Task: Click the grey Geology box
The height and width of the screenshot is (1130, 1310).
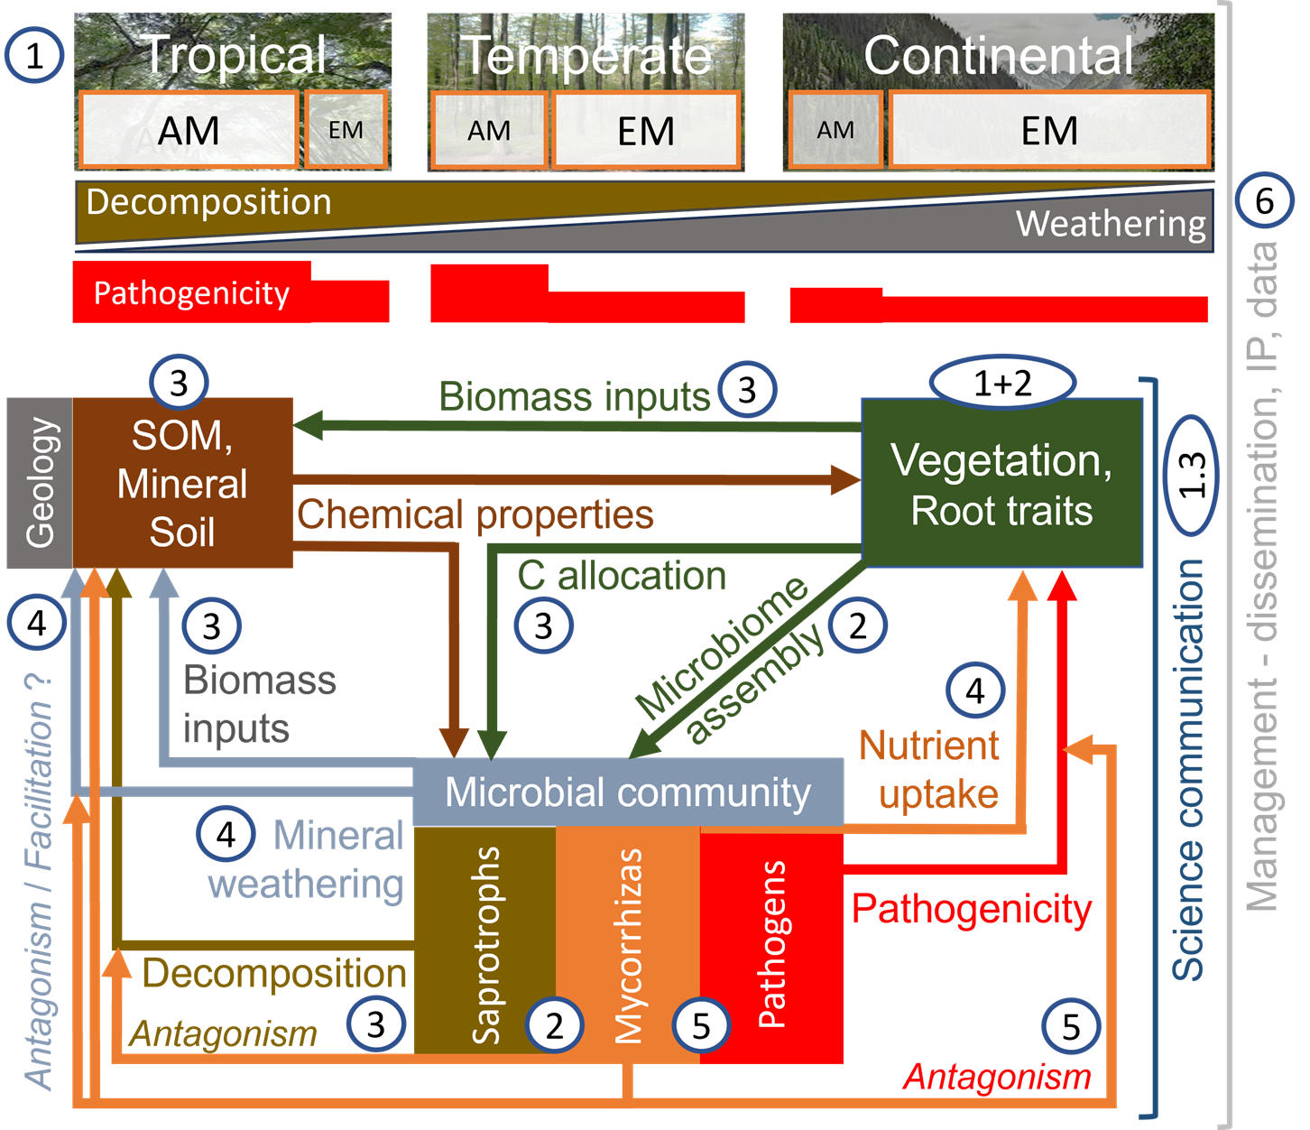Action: tap(40, 483)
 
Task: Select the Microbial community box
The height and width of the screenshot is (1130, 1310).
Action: tap(628, 792)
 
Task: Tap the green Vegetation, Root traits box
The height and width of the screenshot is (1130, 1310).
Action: tap(1002, 484)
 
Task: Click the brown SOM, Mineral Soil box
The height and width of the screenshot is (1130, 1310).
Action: tap(182, 484)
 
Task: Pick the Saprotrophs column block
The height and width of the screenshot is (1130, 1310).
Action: tap(484, 943)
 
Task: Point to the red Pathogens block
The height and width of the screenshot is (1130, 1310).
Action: tap(771, 943)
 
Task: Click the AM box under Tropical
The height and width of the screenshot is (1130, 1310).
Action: tap(189, 131)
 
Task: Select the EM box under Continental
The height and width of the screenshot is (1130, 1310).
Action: tap(1049, 131)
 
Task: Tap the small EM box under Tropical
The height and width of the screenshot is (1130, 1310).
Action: tap(346, 131)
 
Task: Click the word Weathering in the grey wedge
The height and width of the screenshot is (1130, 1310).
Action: tap(1111, 223)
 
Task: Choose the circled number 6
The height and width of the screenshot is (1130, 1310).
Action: tap(1264, 200)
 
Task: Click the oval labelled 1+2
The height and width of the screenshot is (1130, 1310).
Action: tap(1002, 384)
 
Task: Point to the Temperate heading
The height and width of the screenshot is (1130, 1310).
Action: tap(586, 56)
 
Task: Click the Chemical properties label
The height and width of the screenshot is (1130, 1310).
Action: tap(475, 514)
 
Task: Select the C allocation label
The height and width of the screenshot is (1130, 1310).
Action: tap(622, 576)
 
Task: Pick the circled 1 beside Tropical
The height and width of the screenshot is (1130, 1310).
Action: tap(34, 56)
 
